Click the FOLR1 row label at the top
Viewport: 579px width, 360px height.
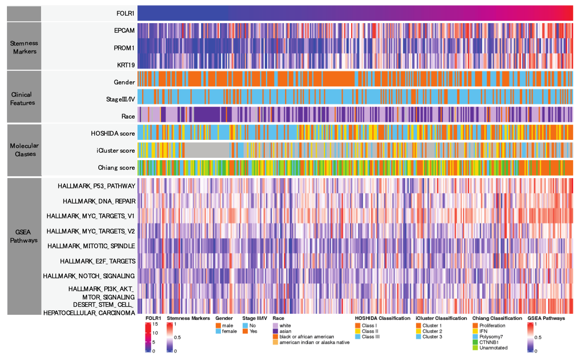click(x=126, y=13)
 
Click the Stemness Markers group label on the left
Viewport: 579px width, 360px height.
click(x=24, y=47)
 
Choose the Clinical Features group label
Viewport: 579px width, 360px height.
click(x=23, y=99)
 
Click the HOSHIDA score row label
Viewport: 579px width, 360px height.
click(x=113, y=134)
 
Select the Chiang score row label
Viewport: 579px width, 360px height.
click(x=116, y=168)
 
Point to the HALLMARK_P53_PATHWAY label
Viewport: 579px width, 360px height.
click(x=96, y=186)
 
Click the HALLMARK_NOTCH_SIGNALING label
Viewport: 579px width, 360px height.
click(x=89, y=276)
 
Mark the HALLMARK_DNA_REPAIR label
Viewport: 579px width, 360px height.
click(x=99, y=201)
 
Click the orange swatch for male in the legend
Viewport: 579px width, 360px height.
click(x=218, y=326)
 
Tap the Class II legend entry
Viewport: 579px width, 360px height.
click(x=370, y=331)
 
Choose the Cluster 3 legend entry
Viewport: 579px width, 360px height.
click(x=432, y=337)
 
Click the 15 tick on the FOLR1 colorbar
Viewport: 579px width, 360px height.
click(x=155, y=324)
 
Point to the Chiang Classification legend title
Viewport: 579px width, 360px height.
click(x=497, y=318)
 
